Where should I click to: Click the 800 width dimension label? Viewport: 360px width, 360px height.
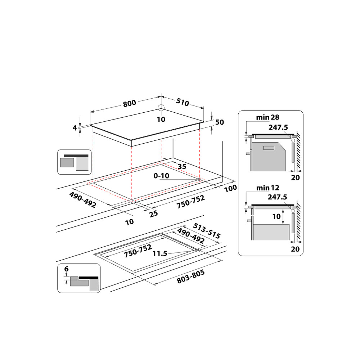129,103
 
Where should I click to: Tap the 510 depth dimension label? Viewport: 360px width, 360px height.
183,103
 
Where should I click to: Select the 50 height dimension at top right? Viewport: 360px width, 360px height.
220,122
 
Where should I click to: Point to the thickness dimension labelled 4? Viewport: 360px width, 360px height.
75,127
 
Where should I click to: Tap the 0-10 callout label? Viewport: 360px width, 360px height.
161,175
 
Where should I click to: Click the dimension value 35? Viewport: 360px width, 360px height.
182,166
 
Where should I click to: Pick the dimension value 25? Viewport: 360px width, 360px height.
154,213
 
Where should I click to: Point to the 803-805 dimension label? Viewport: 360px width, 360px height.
191,278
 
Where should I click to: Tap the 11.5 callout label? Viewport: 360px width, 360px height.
160,253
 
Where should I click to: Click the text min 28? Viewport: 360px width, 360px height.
267,117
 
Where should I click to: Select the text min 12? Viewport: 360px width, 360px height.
267,188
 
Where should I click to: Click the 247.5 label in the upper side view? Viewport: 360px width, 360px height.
277,127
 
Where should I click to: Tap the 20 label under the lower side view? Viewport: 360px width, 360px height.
295,248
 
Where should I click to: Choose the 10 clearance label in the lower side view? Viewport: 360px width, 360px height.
276,216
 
